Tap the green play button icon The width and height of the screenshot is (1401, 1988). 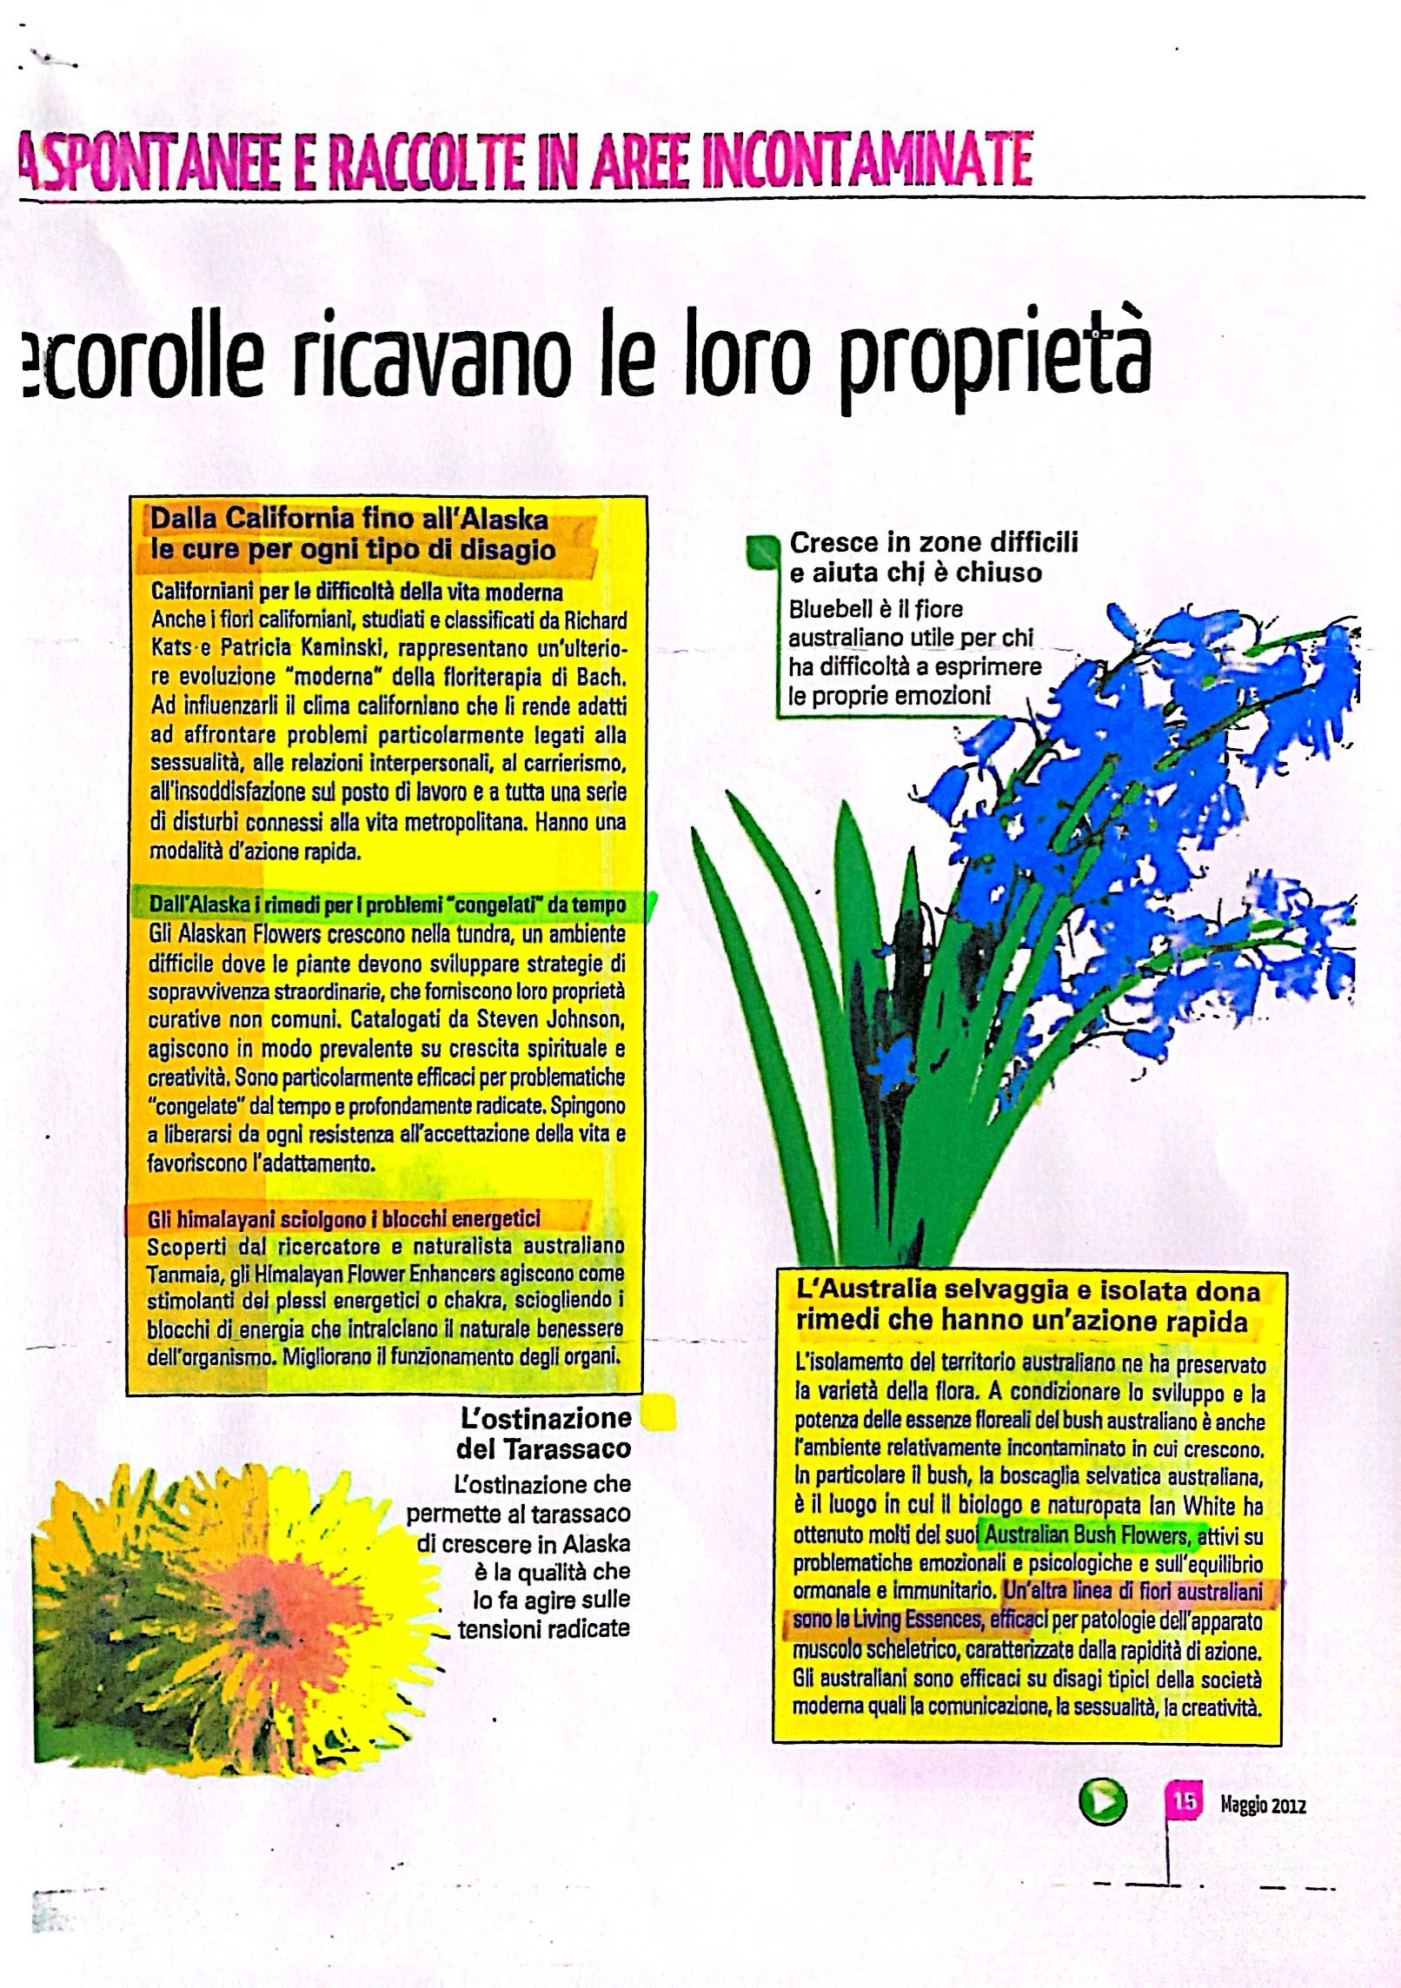[1101, 1804]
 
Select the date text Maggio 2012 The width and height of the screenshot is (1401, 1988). [1263, 1806]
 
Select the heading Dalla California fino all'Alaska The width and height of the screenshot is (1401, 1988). [349, 520]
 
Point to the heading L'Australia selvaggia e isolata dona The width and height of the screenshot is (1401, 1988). [1027, 1291]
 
